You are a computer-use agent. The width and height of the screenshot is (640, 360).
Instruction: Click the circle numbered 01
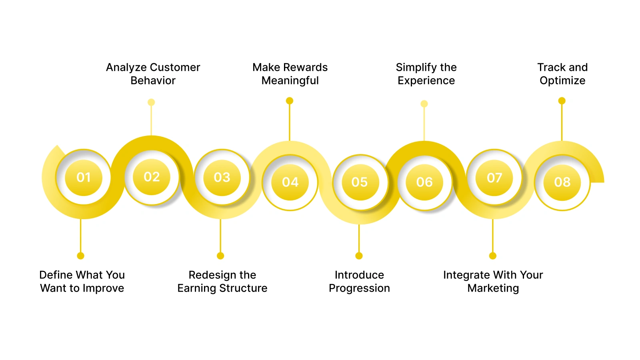tap(84, 177)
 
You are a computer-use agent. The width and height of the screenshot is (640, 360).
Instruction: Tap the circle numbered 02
tap(152, 176)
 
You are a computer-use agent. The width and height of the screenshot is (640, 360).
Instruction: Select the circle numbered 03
tap(222, 177)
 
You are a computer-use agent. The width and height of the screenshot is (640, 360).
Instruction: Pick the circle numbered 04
tap(290, 182)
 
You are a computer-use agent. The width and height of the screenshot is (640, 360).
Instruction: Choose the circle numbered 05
tap(360, 182)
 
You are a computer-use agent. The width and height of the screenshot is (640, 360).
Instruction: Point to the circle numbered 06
tap(424, 182)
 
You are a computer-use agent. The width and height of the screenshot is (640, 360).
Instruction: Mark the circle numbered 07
tap(494, 177)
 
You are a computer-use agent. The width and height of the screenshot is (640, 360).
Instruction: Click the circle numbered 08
tap(562, 182)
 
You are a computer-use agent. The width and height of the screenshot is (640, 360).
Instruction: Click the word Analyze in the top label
tap(126, 68)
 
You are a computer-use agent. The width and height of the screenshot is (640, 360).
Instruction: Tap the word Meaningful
tap(290, 81)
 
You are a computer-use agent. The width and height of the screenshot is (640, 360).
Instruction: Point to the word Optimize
tap(562, 81)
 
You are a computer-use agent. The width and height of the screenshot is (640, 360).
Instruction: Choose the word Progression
tap(359, 288)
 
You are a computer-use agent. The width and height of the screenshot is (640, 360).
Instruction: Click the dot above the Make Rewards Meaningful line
tap(290, 101)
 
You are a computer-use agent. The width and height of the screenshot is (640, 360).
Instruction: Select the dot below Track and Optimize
tap(562, 101)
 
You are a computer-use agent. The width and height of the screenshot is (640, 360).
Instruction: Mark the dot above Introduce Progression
tap(359, 256)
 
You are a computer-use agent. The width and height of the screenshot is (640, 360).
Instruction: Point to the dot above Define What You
tap(80, 256)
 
